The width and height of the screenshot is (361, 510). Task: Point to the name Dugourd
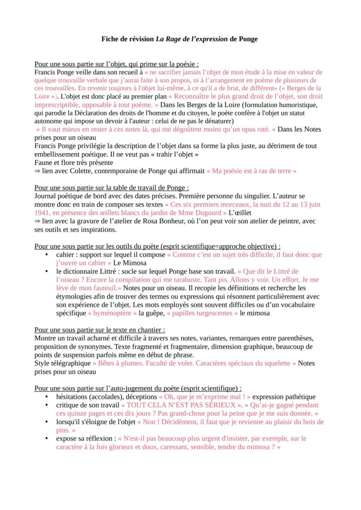coord(208,213)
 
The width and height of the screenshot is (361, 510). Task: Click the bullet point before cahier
coord(47,255)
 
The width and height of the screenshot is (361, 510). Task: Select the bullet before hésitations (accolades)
coord(47,397)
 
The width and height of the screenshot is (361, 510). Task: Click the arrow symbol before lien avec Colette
coord(37,171)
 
